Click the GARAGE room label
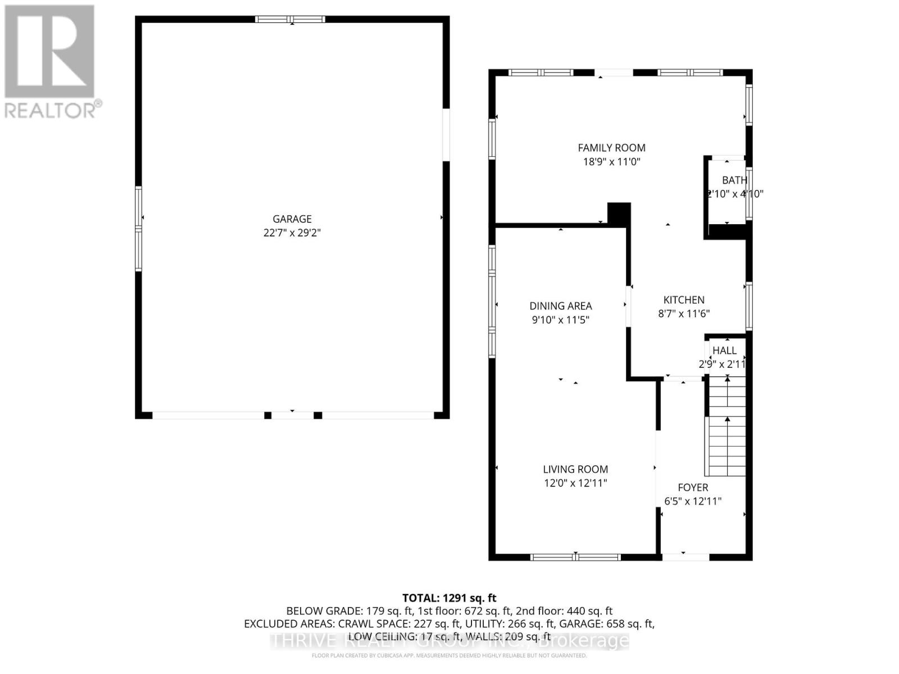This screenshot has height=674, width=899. coord(292,219)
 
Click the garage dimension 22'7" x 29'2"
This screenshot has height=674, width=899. coord(292,233)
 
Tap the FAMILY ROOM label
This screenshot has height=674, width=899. coord(611,148)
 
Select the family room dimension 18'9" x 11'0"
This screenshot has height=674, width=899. coord(611,162)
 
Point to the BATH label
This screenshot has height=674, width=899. coord(734,180)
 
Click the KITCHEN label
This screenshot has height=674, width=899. coord(684,300)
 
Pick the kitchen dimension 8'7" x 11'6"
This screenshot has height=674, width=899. coord(684,314)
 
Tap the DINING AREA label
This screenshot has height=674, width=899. coord(560,306)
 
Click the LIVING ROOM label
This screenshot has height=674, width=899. coord(575,469)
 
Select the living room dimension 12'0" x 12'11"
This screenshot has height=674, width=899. coord(575,483)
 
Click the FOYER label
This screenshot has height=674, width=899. coord(692,488)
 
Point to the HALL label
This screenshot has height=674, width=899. coord(724,350)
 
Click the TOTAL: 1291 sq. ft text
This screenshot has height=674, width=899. coord(449,598)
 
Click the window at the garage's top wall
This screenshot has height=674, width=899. coord(290,20)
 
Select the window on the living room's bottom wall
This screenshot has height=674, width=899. coord(575,557)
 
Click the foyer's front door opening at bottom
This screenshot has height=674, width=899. coord(685,557)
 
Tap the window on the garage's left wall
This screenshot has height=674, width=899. coord(138,229)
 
